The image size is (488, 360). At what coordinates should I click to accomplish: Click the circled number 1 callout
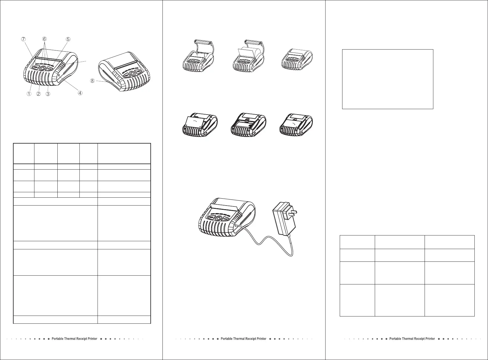pos(29,94)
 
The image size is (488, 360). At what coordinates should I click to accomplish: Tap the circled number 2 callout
pos(38,94)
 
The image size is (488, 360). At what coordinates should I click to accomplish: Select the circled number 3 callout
pos(48,94)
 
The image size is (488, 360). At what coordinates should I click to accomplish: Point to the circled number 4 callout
pos(80,93)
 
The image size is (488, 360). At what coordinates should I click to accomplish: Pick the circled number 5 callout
pos(68,39)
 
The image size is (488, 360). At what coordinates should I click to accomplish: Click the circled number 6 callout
pos(44,39)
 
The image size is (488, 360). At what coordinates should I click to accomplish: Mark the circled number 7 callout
pos(23,39)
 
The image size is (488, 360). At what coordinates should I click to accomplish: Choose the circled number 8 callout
pos(92,81)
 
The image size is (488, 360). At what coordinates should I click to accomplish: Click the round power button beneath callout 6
pos(42,69)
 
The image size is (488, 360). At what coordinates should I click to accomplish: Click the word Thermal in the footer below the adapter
pos(240,339)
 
